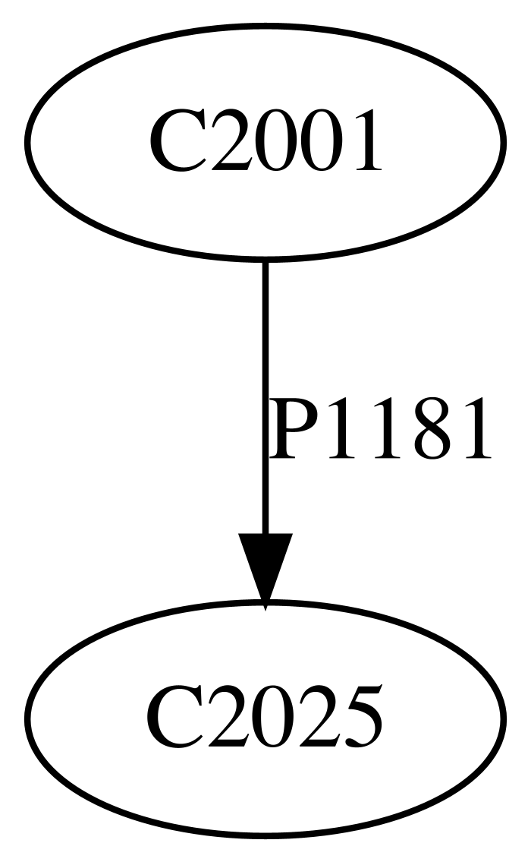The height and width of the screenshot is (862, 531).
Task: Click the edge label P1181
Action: click(379, 429)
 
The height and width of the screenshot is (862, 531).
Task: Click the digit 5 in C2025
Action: click(360, 717)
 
